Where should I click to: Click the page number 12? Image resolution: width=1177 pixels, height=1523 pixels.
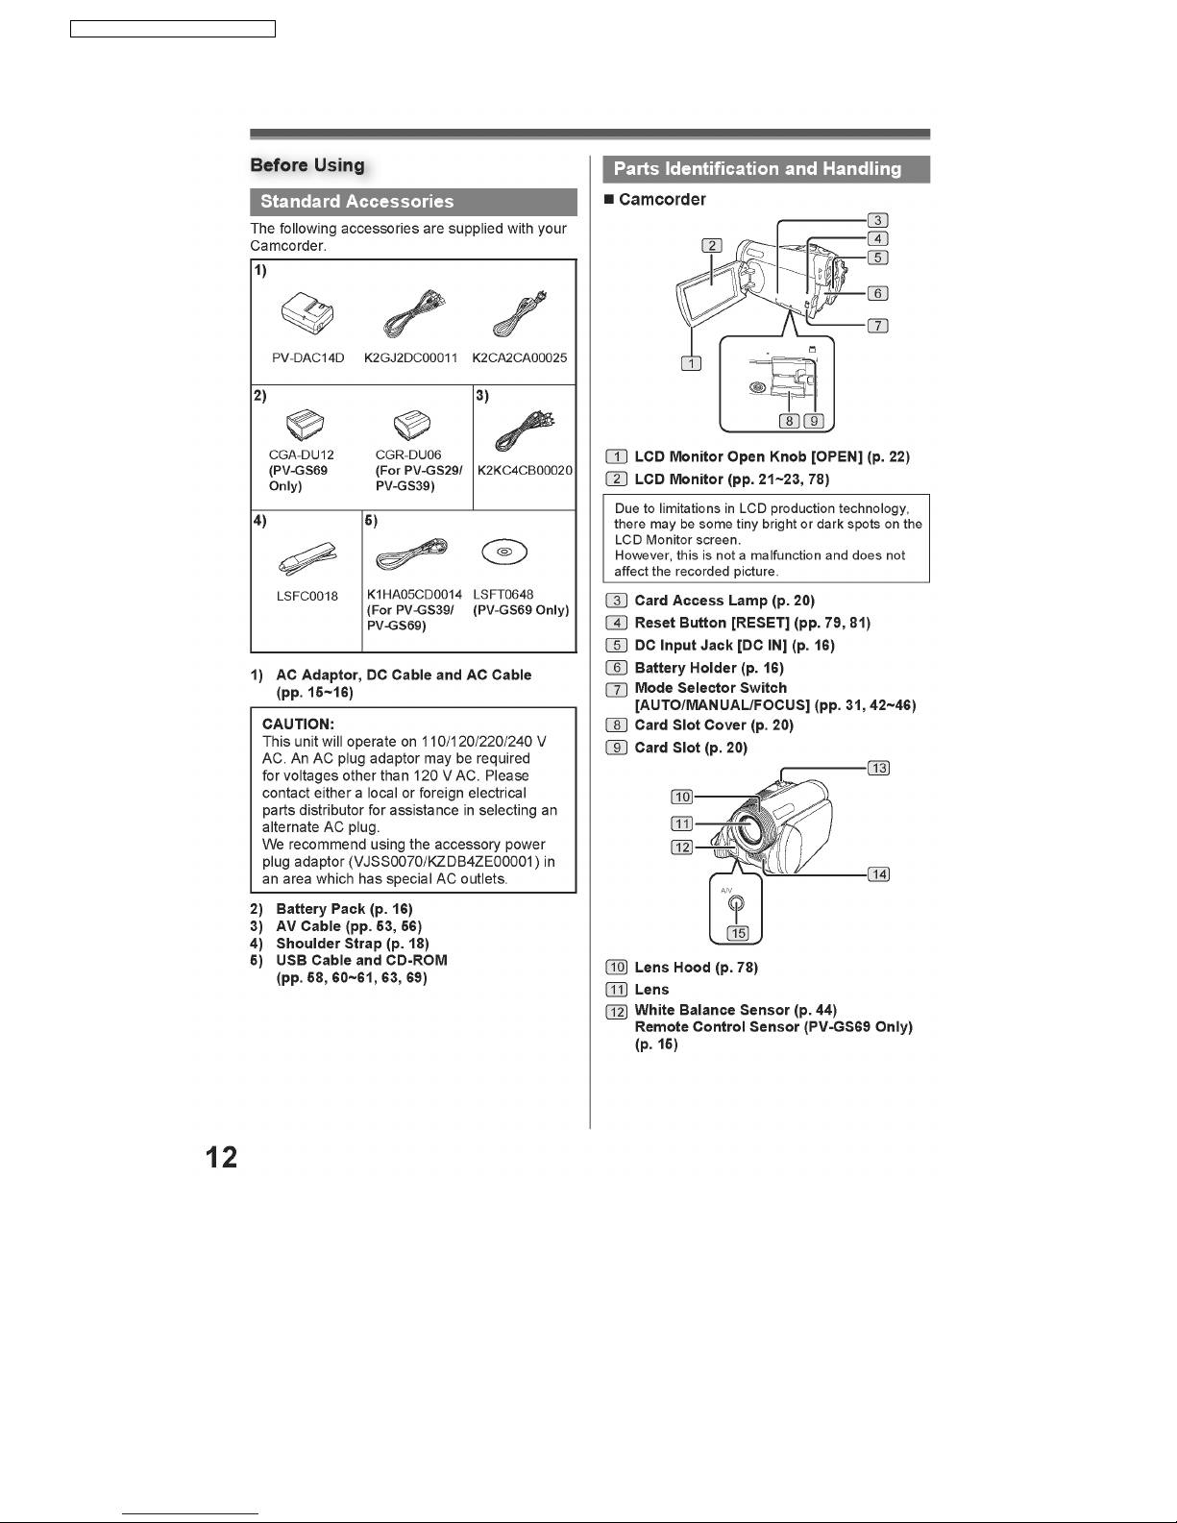221,1157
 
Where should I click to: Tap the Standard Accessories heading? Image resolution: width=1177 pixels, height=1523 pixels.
357,202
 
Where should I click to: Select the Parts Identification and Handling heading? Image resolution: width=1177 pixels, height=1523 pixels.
757,169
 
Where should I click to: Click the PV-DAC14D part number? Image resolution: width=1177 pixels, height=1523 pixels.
308,357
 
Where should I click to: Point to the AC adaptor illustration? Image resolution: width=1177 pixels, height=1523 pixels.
307,313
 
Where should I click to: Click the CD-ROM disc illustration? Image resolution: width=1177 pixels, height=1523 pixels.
504,552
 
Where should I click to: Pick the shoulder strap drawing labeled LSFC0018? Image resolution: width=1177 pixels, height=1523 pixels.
307,558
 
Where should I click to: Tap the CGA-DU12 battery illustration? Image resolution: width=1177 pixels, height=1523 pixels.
306,425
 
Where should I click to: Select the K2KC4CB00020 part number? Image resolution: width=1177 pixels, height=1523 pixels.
525,470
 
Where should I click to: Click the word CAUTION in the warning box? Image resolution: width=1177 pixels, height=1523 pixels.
298,724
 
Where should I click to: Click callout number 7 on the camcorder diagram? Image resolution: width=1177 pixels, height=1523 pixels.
878,326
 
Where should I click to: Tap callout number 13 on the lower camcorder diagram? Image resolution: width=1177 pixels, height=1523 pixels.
879,768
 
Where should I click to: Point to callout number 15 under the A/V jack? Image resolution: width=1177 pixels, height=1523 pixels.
739,933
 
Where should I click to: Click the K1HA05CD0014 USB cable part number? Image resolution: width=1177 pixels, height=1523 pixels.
414,595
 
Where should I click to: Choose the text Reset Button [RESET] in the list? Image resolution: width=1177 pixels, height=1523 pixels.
712,623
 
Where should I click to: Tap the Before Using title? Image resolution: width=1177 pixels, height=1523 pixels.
307,165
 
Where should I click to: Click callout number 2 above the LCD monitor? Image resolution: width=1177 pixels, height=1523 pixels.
712,245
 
